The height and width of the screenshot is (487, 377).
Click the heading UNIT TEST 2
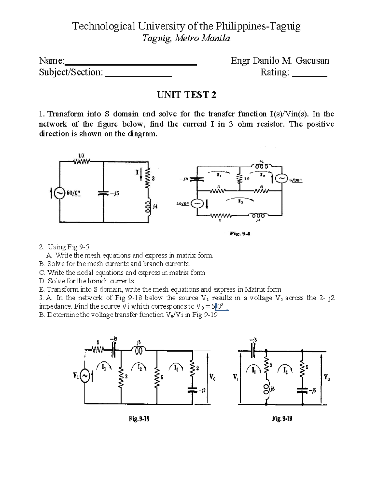click(x=187, y=95)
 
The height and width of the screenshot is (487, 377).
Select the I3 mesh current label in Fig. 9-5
click(x=240, y=203)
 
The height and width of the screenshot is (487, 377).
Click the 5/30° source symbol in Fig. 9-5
click(x=281, y=179)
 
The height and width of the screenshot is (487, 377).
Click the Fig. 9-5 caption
click(x=240, y=234)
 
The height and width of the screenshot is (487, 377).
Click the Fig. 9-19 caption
click(x=282, y=419)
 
